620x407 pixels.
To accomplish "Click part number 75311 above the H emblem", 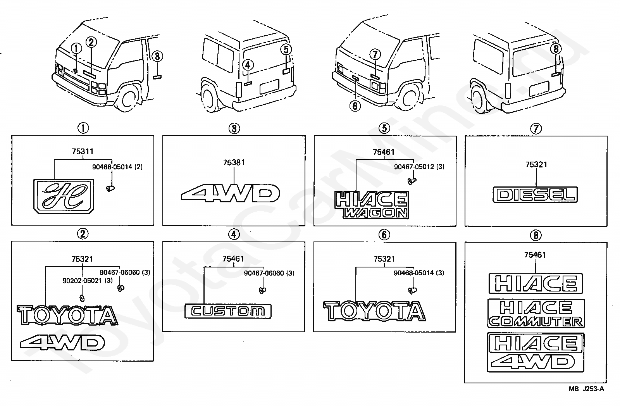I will pos(82,152).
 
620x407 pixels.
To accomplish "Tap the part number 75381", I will pos(234,162).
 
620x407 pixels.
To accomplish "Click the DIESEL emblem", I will pos(535,195).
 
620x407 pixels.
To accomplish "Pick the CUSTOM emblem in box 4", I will pos(228,311).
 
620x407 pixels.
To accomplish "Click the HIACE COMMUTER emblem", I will pos(536,314).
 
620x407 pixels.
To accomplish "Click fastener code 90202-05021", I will pos(87,280).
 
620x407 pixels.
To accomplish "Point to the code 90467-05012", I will pos(419,167).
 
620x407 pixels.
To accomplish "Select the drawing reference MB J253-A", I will pos(586,389).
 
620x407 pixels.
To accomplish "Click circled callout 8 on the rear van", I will pos(556,49).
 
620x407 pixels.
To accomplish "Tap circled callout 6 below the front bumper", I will pos(355,105).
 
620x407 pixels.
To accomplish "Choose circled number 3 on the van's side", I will pos(157,57).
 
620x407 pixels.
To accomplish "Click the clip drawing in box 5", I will pos(411,180).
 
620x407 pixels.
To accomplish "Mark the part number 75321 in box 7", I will pos(536,164).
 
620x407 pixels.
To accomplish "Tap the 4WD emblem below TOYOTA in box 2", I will pos(63,342).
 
